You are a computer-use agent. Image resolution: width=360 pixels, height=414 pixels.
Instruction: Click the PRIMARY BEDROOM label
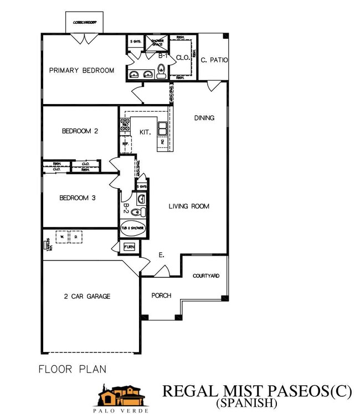[x=81, y=70]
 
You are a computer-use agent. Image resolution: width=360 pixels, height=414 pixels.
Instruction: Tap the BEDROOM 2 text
[x=80, y=131]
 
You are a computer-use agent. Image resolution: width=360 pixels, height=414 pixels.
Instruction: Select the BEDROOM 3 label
[x=80, y=198]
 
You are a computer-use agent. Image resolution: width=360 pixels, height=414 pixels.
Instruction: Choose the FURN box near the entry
[x=130, y=247]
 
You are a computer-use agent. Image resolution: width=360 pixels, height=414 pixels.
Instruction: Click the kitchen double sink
[x=162, y=129]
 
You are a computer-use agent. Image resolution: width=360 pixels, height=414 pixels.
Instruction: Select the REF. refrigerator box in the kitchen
[x=125, y=144]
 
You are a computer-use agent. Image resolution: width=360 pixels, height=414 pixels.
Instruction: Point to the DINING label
[x=204, y=118]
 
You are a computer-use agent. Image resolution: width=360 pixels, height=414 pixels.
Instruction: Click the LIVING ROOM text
[x=189, y=206]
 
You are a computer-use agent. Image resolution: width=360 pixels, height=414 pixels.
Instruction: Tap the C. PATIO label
[x=214, y=60]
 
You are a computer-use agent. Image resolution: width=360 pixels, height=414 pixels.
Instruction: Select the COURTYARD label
[x=206, y=276]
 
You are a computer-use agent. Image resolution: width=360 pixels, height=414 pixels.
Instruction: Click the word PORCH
[x=161, y=296]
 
